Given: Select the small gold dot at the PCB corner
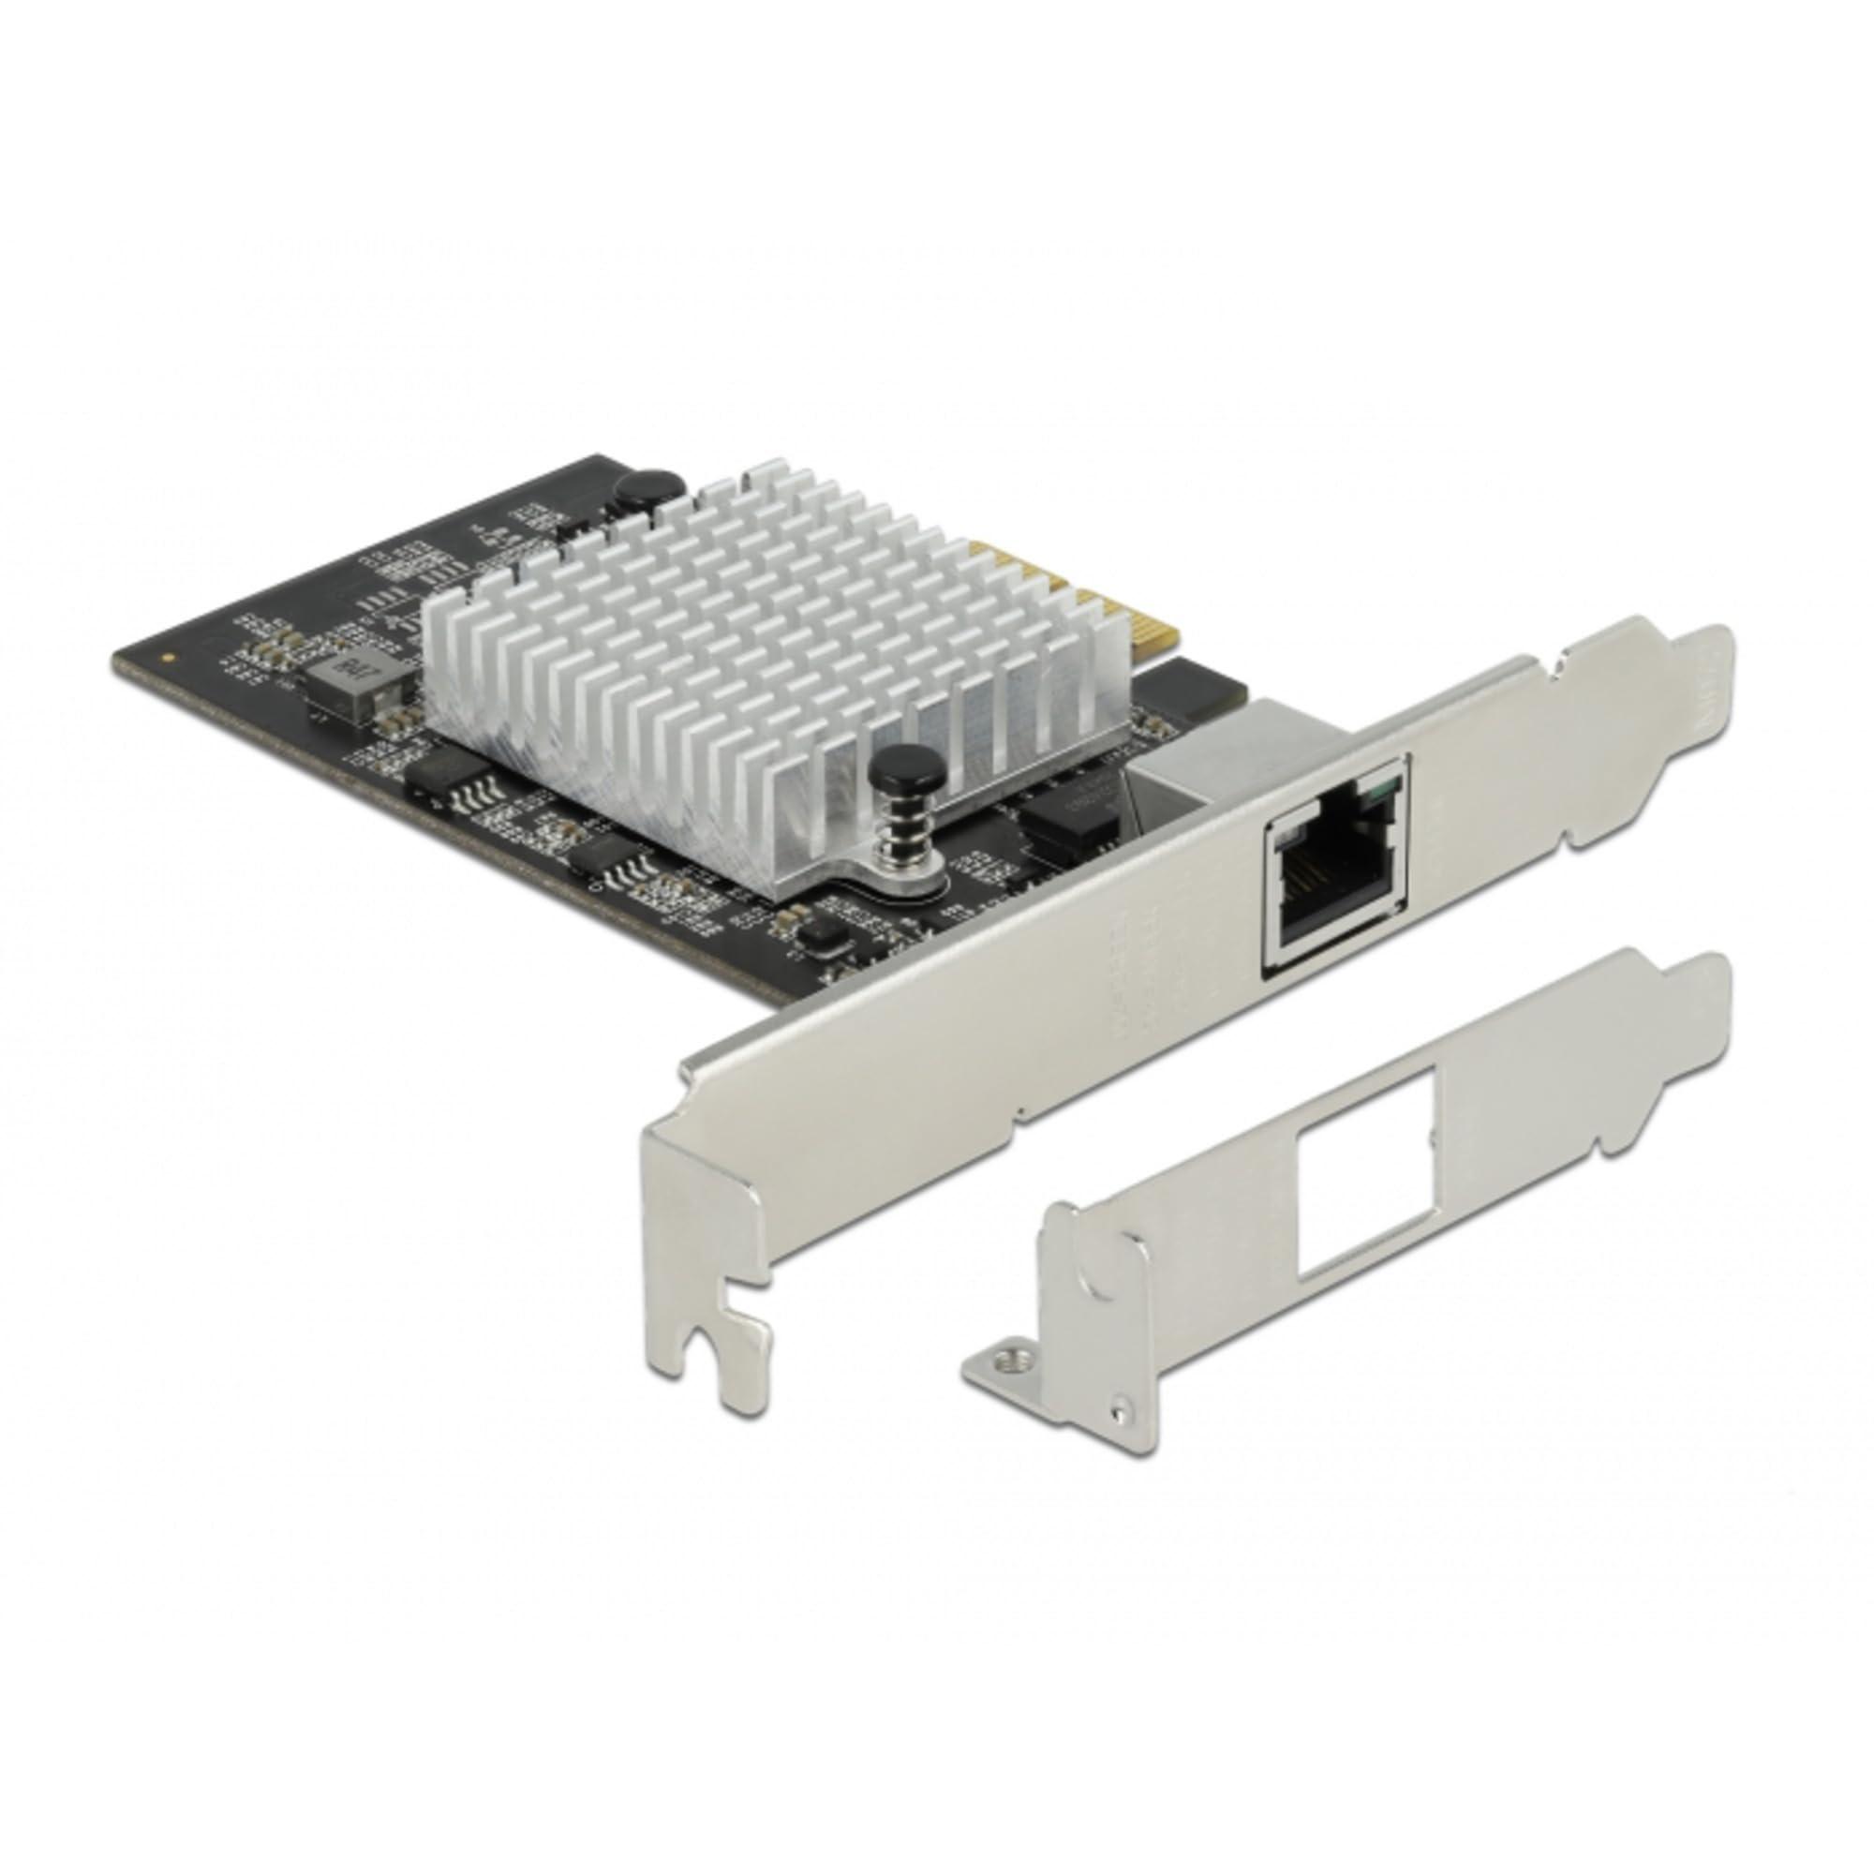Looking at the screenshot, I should pyautogui.click(x=171, y=658).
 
